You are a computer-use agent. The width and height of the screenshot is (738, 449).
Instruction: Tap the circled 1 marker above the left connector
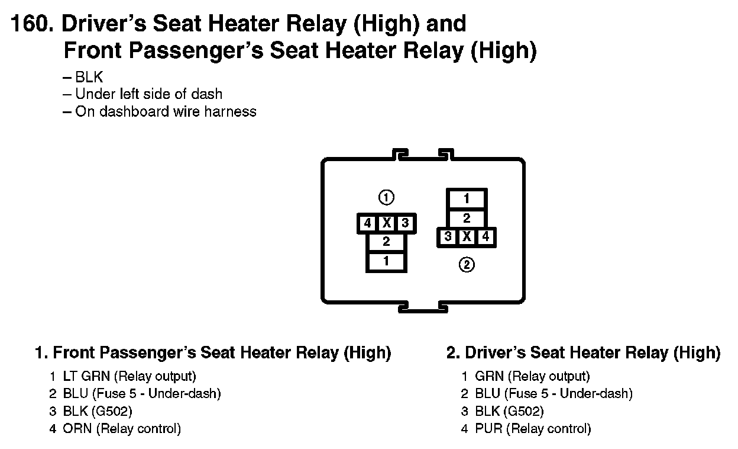tap(386, 197)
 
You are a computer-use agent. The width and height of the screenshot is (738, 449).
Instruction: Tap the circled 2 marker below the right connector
tap(467, 265)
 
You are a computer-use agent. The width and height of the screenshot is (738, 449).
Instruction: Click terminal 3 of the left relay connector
tap(405, 223)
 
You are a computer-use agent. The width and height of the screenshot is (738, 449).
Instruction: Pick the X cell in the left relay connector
tap(387, 223)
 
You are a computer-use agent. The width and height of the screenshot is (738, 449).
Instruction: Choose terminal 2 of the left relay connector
tap(386, 242)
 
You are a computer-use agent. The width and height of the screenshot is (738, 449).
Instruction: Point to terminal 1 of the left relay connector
tap(386, 261)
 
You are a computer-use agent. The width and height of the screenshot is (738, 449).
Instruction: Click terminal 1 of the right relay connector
tap(467, 199)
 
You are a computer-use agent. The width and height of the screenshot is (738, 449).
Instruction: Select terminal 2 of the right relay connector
tap(467, 218)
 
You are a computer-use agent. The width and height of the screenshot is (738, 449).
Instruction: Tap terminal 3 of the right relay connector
tap(448, 237)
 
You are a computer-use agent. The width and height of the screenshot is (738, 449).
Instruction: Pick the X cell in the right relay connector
tap(467, 237)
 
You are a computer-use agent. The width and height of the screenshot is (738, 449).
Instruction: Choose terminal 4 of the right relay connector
tap(485, 237)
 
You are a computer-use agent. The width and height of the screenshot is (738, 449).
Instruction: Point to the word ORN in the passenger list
tap(77, 428)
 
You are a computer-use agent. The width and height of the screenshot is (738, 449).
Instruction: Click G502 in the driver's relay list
tap(525, 411)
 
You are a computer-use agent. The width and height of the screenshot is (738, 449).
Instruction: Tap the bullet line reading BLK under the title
tap(89, 77)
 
